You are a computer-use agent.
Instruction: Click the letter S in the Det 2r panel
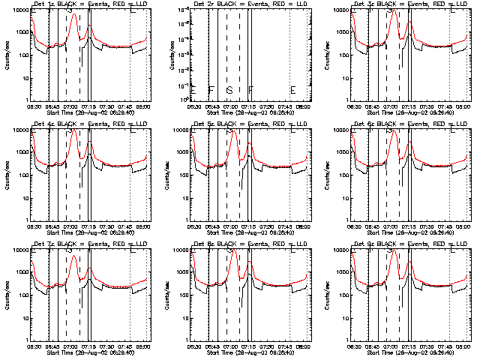click(x=229, y=91)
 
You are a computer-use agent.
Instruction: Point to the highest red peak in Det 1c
click(x=73, y=14)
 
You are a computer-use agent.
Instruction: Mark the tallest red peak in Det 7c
click(x=73, y=256)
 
